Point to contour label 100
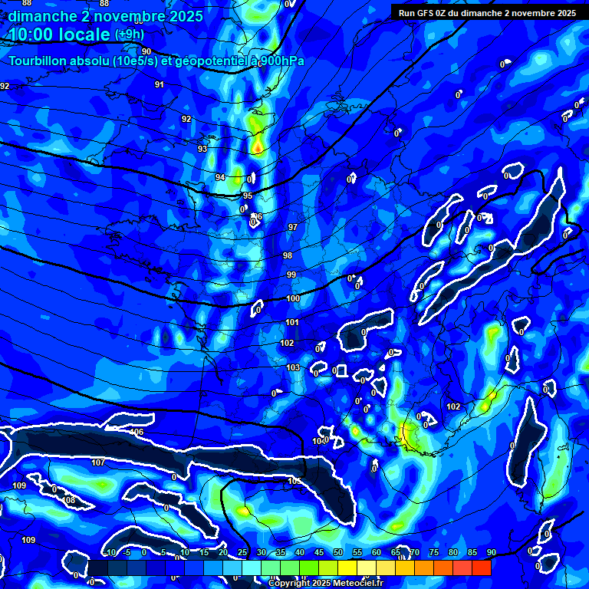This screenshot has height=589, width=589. pos(293,298)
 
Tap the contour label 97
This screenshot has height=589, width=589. pos(292,228)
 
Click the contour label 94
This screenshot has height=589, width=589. pos(220,177)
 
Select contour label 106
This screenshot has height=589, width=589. pos(137,433)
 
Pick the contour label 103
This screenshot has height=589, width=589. pos(293,367)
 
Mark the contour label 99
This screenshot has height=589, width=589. pos(291,275)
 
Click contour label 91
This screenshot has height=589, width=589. pos(160,84)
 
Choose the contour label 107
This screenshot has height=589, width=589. pos(98,462)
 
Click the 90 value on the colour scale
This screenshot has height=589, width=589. pos(491,553)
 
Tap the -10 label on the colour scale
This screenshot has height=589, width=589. pos(109,553)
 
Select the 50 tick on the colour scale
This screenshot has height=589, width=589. pos(338,553)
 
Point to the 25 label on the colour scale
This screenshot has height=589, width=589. pos(242,553)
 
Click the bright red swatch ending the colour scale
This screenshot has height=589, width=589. pos(481,568)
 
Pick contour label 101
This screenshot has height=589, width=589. pos(292,322)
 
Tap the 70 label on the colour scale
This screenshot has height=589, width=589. pos(415,553)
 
